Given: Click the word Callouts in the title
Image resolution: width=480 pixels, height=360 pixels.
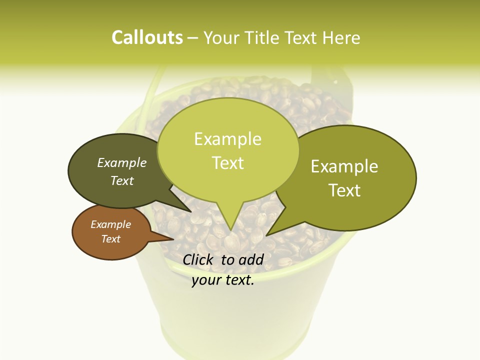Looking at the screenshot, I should click(147, 37).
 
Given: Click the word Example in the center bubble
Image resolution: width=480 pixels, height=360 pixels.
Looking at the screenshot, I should click(227, 139).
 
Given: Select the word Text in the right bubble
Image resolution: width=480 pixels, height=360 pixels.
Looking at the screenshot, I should click(344, 190).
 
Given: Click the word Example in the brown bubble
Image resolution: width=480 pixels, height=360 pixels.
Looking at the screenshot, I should click(110, 224).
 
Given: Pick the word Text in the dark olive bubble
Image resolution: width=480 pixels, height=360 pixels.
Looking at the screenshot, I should click(122, 181).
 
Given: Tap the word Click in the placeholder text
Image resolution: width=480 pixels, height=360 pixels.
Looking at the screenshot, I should click(198, 259).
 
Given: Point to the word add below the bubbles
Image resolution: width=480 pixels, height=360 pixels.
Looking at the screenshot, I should click(251, 259).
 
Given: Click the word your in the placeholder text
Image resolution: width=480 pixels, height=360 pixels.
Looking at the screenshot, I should click(205, 280).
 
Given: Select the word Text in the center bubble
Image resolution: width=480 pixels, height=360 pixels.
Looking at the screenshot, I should click(227, 163).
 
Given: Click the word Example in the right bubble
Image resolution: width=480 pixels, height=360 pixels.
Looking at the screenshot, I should click(344, 166).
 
